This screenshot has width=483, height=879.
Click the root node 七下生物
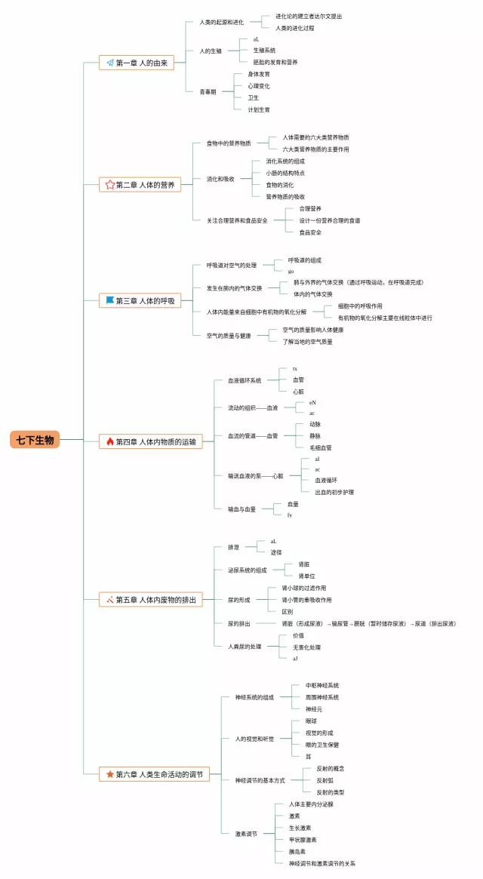[x=35, y=441]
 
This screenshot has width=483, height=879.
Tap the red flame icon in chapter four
[x=110, y=442]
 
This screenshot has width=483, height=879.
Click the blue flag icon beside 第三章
[x=110, y=301]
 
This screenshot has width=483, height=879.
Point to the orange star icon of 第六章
[x=110, y=774]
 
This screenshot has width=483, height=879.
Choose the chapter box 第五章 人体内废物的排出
[x=151, y=600]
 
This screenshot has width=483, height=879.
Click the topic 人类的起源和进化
[x=221, y=23]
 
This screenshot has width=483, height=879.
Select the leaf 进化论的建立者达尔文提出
[x=309, y=16]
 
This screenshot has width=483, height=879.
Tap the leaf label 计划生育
[x=259, y=109]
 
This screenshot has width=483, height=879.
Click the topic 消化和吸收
[x=220, y=179]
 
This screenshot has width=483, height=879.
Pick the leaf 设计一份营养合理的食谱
[x=329, y=220]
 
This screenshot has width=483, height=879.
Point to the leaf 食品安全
[x=310, y=232]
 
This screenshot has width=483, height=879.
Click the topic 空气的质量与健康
[x=229, y=336]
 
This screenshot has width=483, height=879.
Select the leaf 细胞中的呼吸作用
[x=360, y=306]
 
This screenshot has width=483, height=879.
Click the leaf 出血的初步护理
[x=334, y=492]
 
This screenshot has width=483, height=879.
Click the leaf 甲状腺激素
[x=303, y=840]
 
